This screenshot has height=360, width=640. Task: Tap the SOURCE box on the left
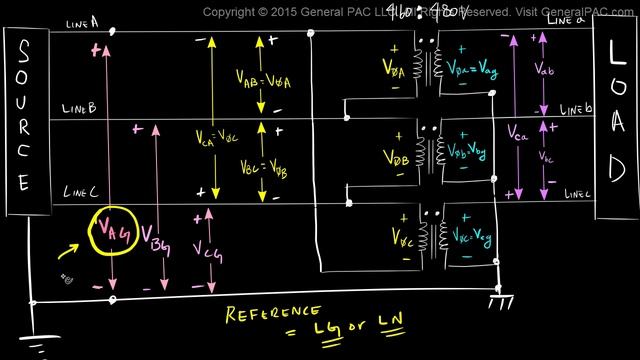[23, 120]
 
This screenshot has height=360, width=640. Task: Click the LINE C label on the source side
[79, 192]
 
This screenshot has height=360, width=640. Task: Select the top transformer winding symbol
[428, 65]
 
